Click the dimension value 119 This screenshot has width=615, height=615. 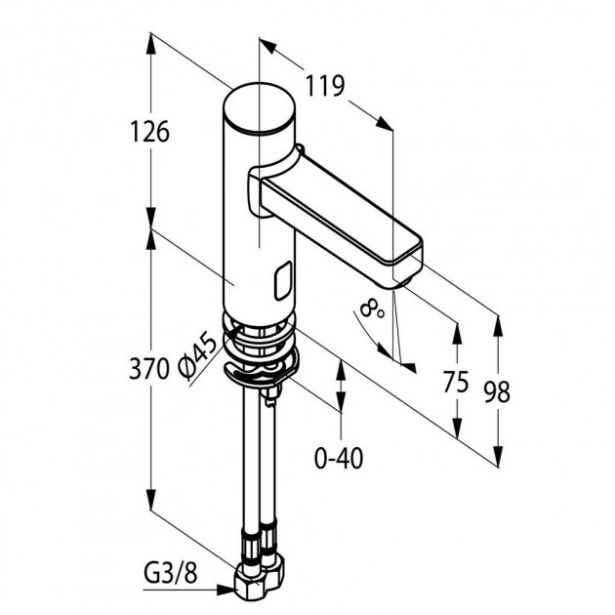325,86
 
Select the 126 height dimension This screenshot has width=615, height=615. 149,132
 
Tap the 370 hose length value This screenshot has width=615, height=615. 149,369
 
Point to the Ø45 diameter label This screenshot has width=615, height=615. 197,357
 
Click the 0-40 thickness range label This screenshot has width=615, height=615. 339,458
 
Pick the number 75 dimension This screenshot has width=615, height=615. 456,382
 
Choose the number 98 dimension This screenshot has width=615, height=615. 497,391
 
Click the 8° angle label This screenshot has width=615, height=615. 372,308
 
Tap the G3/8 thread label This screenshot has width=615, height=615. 171,575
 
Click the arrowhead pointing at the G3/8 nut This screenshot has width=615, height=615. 226,589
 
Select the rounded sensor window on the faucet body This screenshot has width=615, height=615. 283,281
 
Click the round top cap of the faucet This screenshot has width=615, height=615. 259,107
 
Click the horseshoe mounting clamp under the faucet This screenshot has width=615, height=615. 262,369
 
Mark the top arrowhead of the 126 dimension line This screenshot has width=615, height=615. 151,43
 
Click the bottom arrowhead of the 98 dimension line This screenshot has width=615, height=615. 498,456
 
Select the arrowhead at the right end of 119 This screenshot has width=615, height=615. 385,123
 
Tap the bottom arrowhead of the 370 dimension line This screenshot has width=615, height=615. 151,499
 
